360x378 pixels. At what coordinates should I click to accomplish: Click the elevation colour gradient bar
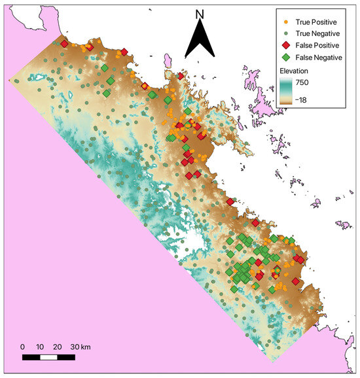288,91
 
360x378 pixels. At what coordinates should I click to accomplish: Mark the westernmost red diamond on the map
64,44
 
